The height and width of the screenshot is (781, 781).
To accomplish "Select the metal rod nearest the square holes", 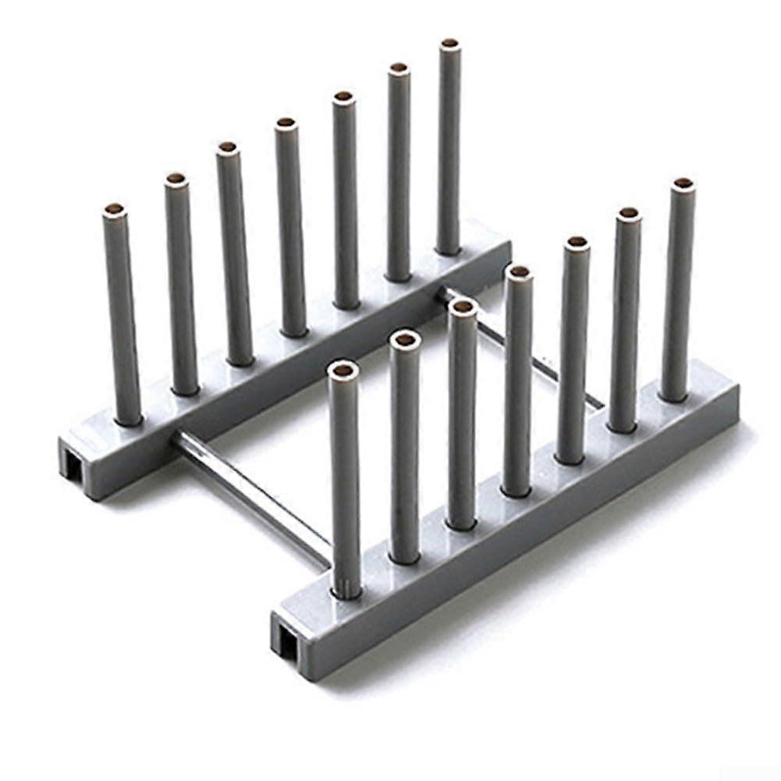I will [x=250, y=492].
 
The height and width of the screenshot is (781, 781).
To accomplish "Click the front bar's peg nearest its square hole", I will [x=344, y=484].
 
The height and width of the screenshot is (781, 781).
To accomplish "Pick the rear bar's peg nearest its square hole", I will [x=123, y=320].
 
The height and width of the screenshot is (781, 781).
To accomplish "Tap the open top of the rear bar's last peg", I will [x=449, y=45].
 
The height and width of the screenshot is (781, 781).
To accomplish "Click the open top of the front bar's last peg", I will [x=683, y=184].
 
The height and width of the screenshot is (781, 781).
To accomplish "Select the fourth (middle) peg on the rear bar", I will [x=290, y=226].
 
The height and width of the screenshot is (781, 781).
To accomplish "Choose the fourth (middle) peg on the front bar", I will [x=517, y=382].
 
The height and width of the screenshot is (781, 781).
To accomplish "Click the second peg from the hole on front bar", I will [x=405, y=449].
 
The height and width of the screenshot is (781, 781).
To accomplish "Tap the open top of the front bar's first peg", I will [x=343, y=368].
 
